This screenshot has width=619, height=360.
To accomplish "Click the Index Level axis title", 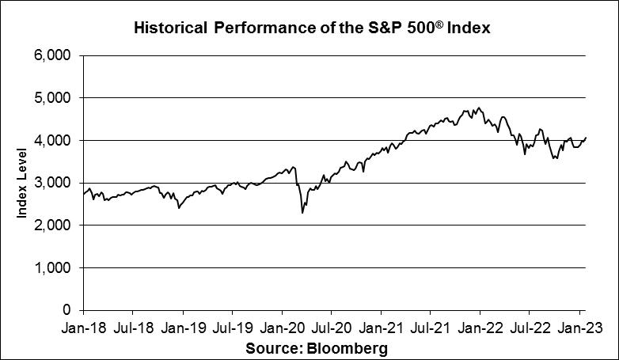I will pos(23,184).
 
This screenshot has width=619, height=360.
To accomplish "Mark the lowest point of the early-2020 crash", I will pos(302,213).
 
